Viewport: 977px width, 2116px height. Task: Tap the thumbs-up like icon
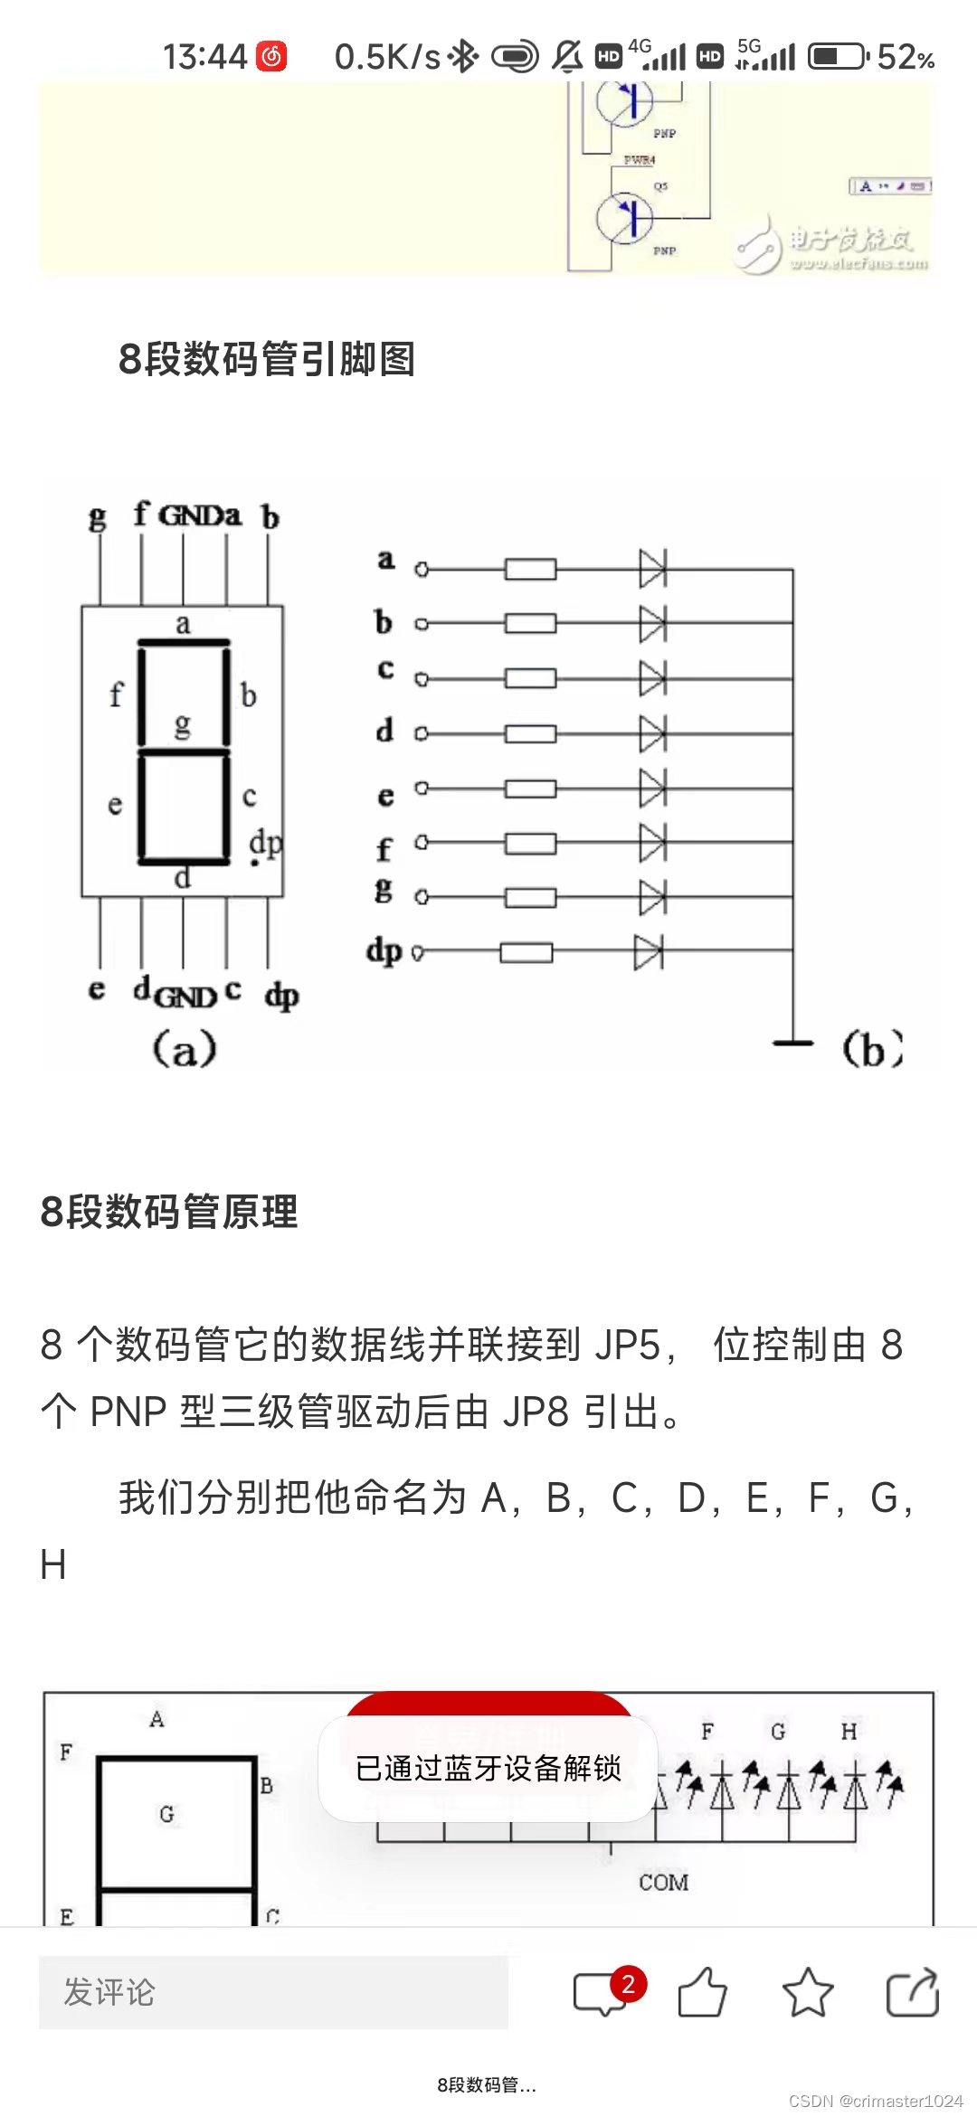pos(703,1992)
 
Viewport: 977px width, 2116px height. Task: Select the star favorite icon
pos(807,1992)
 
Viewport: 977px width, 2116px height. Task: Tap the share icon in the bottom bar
pos(912,1992)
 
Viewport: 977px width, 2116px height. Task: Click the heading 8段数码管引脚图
pos(267,359)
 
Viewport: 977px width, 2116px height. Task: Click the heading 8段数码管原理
pos(169,1212)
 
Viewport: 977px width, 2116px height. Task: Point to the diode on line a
pos(652,569)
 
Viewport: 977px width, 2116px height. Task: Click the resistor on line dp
pos(526,952)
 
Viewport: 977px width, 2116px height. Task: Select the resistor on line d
pos(530,733)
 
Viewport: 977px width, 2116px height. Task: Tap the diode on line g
pos(652,897)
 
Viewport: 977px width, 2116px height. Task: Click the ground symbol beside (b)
pos(793,1042)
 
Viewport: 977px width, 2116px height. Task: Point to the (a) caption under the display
pos(185,1049)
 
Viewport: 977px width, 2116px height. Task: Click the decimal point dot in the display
pos(255,863)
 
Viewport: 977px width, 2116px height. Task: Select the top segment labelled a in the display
pos(184,643)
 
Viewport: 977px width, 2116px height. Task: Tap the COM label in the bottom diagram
pos(663,1883)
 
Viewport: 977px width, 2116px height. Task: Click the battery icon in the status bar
pos(838,57)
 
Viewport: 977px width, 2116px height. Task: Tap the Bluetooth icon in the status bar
pos(464,57)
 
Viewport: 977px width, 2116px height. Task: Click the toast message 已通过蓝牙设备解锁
pos(488,1769)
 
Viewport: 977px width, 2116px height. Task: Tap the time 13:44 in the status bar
pos(204,57)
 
